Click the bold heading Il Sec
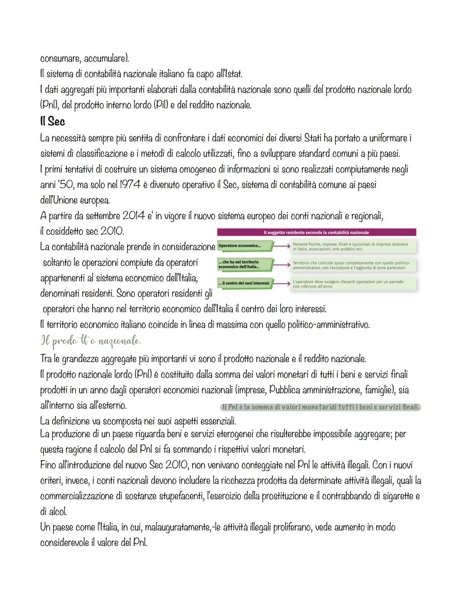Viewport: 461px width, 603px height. pos(52,122)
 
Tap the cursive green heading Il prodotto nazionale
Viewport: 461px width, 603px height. pos(90,341)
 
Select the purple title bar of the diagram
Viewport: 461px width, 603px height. pos(316,232)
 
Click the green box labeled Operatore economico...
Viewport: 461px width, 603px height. pos(244,246)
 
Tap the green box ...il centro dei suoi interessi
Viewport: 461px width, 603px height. pos(244,283)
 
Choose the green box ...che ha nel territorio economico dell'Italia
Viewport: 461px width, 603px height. pos(244,264)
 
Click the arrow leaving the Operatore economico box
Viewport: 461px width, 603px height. pos(281,246)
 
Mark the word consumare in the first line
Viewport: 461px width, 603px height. pos(60,58)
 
